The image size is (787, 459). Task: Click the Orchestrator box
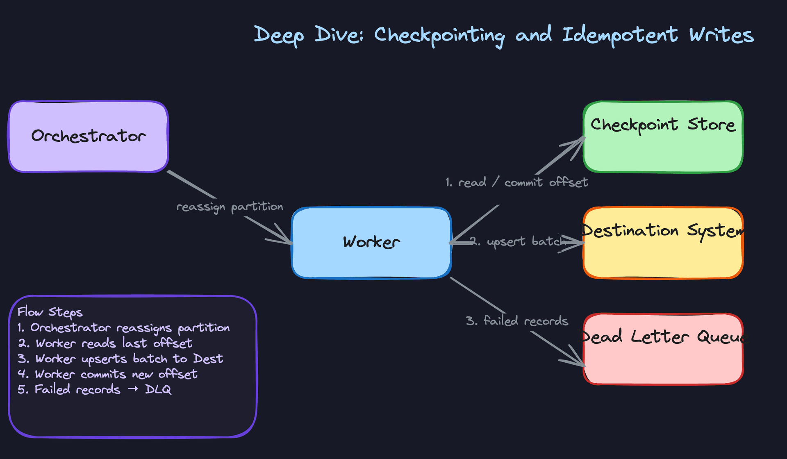click(88, 136)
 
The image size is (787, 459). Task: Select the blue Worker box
click(371, 242)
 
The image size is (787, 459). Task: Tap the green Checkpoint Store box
click(663, 137)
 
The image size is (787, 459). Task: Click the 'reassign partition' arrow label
click(230, 207)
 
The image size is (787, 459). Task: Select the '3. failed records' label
click(517, 320)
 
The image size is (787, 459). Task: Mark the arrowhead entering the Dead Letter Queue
click(580, 363)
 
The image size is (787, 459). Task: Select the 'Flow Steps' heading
click(50, 312)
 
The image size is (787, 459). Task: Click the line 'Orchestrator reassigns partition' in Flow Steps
click(130, 328)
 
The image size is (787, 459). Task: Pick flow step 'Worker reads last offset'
click(114, 343)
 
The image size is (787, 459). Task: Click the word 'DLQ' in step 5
click(158, 389)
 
